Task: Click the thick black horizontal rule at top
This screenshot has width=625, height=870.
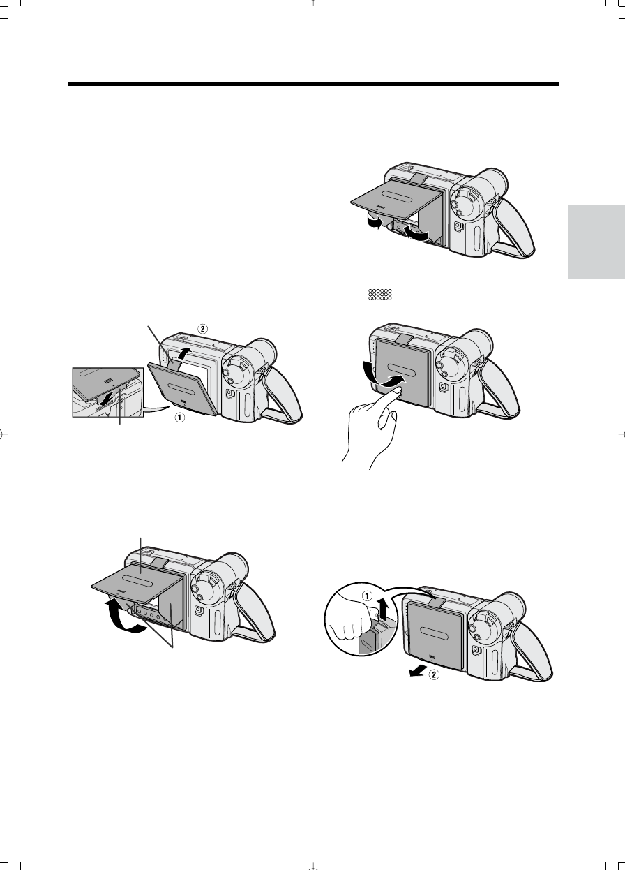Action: (x=312, y=84)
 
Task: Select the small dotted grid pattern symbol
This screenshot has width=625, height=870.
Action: (x=379, y=295)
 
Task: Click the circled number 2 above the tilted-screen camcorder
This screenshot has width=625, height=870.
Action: (x=202, y=329)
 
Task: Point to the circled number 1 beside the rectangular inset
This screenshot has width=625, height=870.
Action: (x=179, y=417)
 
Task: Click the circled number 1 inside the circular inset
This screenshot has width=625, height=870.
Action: (x=367, y=596)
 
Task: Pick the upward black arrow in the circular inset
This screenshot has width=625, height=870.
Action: (x=382, y=609)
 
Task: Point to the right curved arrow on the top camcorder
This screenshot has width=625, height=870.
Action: (x=416, y=234)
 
